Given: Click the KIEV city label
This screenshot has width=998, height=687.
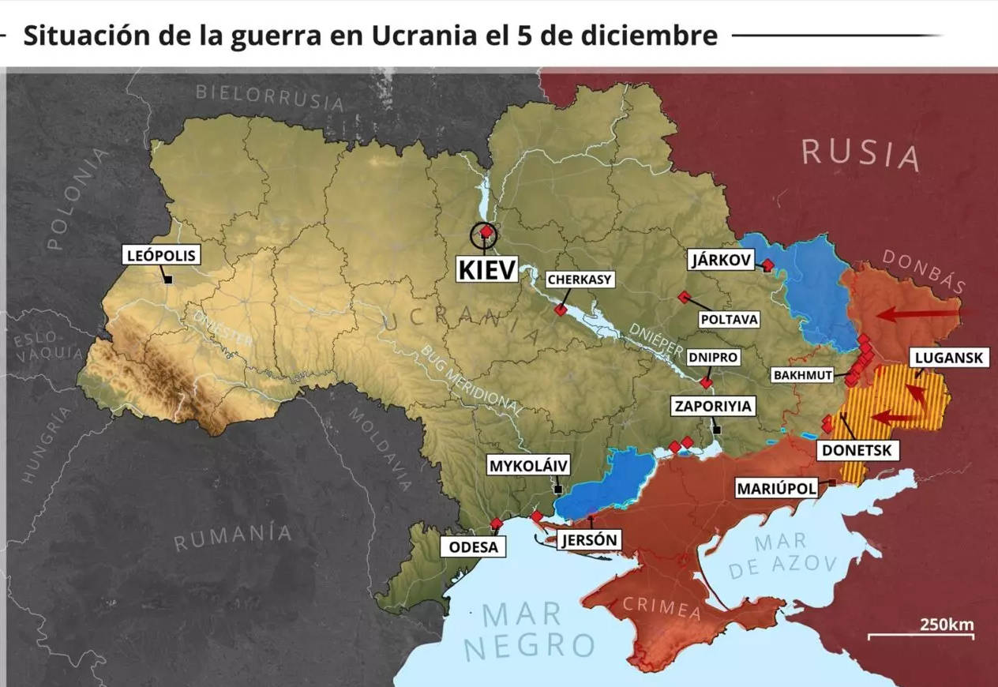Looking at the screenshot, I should (x=487, y=269).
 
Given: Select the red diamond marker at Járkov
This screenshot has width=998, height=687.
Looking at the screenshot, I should (x=767, y=265).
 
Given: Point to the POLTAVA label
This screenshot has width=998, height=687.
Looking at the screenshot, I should (x=729, y=319).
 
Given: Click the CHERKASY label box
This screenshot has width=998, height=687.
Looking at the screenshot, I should (x=580, y=280).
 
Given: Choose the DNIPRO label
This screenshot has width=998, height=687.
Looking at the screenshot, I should (x=712, y=357).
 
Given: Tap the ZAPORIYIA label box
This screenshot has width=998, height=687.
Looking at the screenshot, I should (x=712, y=407).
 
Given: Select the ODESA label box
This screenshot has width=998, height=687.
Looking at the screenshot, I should (x=473, y=547).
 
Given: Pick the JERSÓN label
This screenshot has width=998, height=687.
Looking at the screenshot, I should (x=588, y=540).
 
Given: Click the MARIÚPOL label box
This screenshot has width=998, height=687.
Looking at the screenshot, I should (x=776, y=488).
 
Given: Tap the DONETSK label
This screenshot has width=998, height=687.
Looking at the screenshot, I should (x=857, y=450).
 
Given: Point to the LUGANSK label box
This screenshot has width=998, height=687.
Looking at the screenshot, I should (x=948, y=358).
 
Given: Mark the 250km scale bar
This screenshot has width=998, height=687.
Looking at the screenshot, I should (x=921, y=635).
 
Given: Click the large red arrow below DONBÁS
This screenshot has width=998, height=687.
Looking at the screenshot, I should (x=920, y=315).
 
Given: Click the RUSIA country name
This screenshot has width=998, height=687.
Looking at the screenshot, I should (x=861, y=152).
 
